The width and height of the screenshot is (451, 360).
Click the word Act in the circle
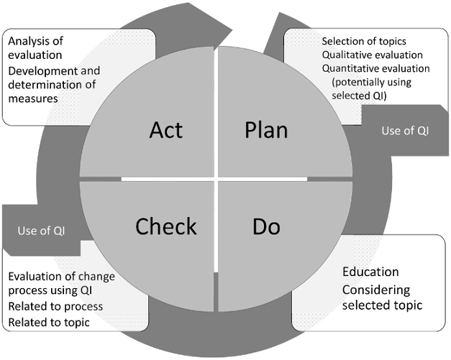[x=166, y=130]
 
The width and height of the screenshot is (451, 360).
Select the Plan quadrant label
[x=266, y=130]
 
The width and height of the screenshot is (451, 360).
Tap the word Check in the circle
[x=166, y=226]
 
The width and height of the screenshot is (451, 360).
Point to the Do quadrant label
[x=266, y=226]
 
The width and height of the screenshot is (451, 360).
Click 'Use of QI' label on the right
[x=405, y=131]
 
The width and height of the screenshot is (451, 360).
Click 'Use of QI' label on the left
[x=41, y=231]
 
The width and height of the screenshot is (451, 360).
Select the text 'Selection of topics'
[x=364, y=42]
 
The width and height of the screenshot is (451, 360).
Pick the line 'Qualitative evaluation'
[x=372, y=55]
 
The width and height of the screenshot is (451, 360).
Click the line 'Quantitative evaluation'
[x=375, y=68]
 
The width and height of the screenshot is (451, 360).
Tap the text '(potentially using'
[x=371, y=82]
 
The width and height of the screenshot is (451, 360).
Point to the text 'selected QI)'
[x=359, y=96]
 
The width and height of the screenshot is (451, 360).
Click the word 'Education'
[x=370, y=272]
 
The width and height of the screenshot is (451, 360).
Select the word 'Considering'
[x=376, y=290]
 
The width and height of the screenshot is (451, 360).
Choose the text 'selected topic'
[x=382, y=305]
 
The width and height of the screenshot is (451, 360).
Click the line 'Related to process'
[x=55, y=307]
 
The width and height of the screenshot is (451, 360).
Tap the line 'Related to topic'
[x=49, y=323]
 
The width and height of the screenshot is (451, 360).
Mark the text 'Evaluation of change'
[x=62, y=277]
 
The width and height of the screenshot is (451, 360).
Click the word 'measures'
[x=33, y=98]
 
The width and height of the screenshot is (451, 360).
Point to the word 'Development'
[x=43, y=71]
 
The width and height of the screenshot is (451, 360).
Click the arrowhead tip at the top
[x=232, y=29]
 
